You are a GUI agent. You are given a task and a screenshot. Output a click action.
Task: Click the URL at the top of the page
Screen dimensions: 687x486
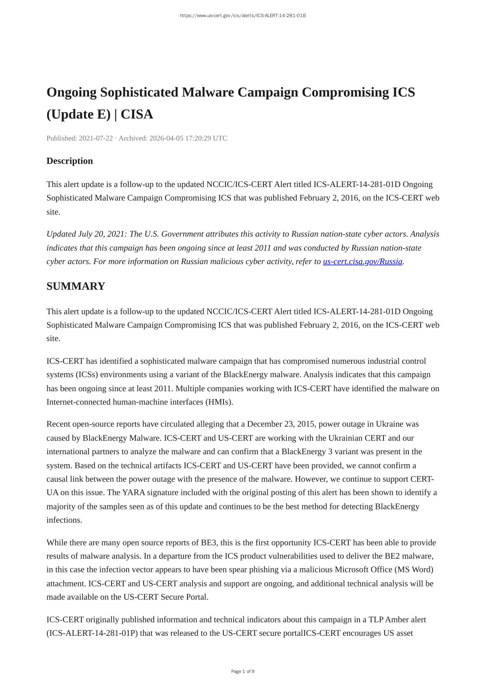[x=243, y=16]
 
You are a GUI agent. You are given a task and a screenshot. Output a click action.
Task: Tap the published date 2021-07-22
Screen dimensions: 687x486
[x=96, y=138]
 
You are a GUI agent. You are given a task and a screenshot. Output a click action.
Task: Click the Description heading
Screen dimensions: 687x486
[x=70, y=161]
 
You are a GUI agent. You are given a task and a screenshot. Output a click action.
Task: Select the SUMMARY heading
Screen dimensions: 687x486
[x=76, y=286]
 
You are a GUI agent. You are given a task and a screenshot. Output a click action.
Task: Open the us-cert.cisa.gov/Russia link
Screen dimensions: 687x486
[x=362, y=262]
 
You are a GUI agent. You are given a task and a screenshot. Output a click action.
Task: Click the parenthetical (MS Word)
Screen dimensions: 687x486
[x=414, y=570]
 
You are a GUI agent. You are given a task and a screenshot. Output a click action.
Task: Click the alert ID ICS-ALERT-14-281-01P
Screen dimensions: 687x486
[x=92, y=633]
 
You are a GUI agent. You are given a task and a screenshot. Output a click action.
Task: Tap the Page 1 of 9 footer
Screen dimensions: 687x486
[x=243, y=672]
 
